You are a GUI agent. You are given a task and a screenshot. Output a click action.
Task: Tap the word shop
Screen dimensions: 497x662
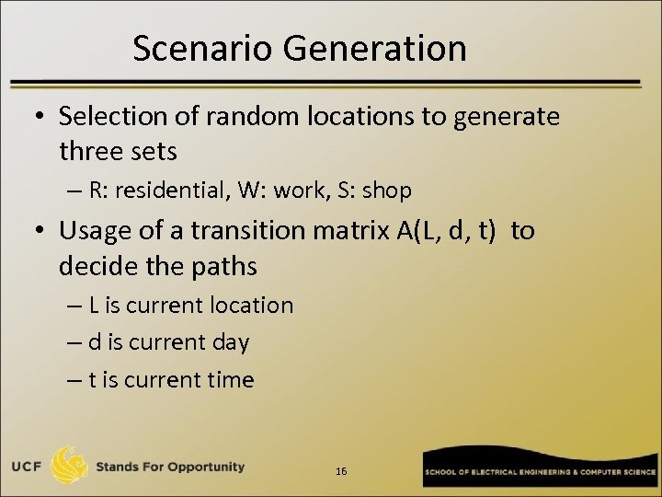[387, 191]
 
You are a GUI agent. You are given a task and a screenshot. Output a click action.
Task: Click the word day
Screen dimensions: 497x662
[230, 343]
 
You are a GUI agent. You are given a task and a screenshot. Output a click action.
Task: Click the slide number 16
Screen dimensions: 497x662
[341, 471]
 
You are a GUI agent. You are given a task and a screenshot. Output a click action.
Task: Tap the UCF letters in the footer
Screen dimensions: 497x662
[27, 467]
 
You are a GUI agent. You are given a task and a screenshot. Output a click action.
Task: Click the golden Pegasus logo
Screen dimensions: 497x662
[70, 466]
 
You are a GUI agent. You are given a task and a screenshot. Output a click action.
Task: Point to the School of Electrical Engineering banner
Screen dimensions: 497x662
[539, 470]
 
